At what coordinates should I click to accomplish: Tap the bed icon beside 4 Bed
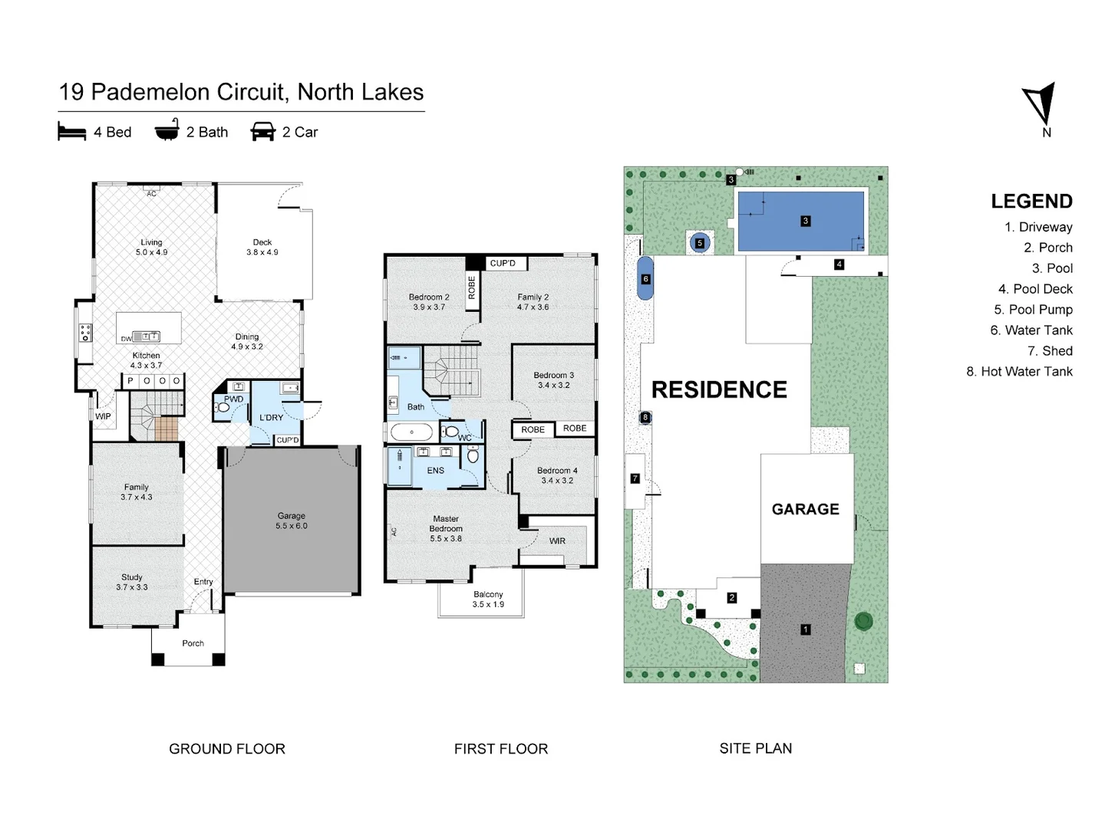click(x=71, y=132)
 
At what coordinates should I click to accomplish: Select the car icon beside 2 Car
click(x=262, y=132)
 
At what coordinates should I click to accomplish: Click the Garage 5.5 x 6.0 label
click(x=292, y=521)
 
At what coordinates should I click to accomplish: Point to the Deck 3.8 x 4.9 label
click(x=262, y=247)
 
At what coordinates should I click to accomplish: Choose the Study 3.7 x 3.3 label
click(x=132, y=582)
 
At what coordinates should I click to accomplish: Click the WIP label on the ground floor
click(x=103, y=416)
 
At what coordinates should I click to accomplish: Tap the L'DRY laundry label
click(x=271, y=418)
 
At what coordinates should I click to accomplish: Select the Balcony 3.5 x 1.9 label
click(x=488, y=599)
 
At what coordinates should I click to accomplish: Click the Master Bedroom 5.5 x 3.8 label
click(x=446, y=528)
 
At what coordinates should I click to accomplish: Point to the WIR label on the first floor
click(x=557, y=540)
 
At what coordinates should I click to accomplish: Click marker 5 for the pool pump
click(x=699, y=243)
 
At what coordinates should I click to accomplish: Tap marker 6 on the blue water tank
click(x=645, y=279)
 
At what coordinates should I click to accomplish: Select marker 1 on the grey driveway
click(x=805, y=629)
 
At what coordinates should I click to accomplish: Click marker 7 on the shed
click(x=635, y=478)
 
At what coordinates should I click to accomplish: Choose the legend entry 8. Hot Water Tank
click(x=1019, y=371)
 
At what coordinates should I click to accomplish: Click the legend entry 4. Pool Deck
click(x=1035, y=289)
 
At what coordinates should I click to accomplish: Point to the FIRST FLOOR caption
click(x=501, y=749)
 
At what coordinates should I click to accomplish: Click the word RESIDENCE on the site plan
click(x=719, y=389)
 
